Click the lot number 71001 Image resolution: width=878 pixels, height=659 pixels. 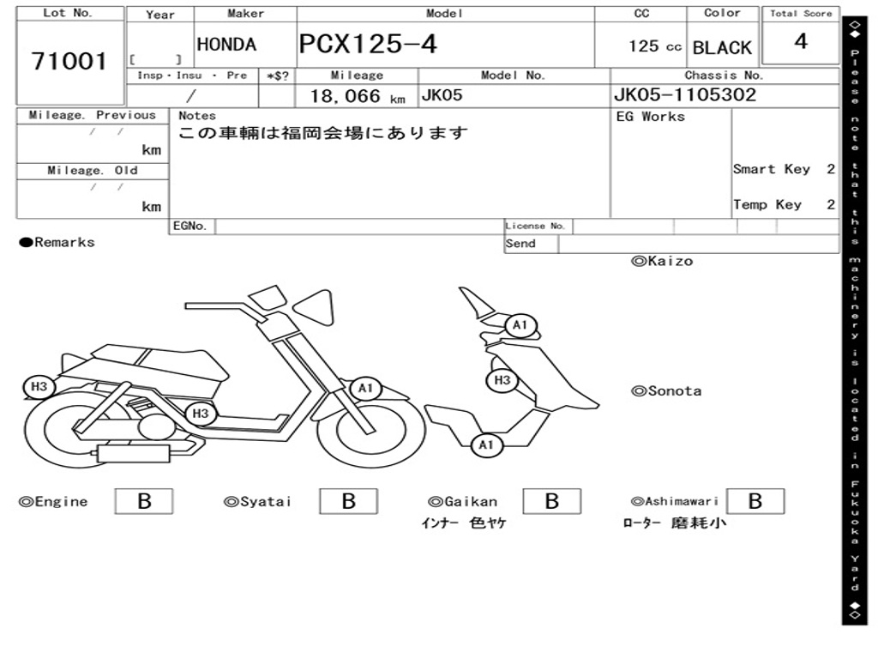click(69, 62)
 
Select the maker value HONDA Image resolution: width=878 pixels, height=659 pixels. click(226, 45)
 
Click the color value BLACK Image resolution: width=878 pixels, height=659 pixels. click(722, 48)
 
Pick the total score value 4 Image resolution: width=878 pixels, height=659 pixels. click(801, 41)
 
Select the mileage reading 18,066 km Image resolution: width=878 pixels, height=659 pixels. click(357, 96)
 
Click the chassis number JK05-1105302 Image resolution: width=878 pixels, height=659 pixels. click(685, 95)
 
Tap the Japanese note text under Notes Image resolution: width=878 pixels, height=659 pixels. click(323, 134)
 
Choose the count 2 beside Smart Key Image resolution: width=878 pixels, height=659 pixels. click(831, 169)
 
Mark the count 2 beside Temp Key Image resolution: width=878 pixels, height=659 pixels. click(831, 204)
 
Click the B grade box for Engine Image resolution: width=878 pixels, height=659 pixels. click(144, 501)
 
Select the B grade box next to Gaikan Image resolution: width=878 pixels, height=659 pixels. click(552, 501)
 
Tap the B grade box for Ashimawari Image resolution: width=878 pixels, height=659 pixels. click(755, 501)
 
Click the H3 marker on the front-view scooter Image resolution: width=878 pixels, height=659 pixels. click(502, 380)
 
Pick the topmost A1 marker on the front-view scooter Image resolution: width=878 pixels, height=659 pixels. click(520, 326)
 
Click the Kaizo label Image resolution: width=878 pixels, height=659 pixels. click(662, 261)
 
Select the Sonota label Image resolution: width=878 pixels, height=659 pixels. click(666, 391)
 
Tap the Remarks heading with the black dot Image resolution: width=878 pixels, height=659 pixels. click(57, 243)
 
